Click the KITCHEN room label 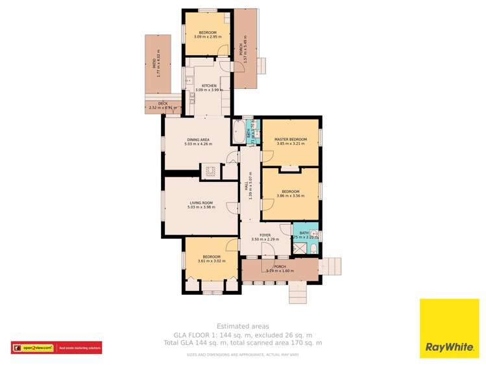click(209, 86)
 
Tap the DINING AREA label click(198, 140)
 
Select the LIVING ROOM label click(200, 203)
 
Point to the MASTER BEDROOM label click(290, 140)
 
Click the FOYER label click(265, 234)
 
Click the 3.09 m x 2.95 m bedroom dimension click(208, 36)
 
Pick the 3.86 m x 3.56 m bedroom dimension click(290, 195)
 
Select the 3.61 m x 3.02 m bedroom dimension click(209, 261)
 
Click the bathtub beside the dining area click(238, 132)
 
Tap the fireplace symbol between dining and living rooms click(210, 171)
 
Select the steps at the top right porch click(261, 65)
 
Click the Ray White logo click(448, 328)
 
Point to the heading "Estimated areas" click(243, 326)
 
